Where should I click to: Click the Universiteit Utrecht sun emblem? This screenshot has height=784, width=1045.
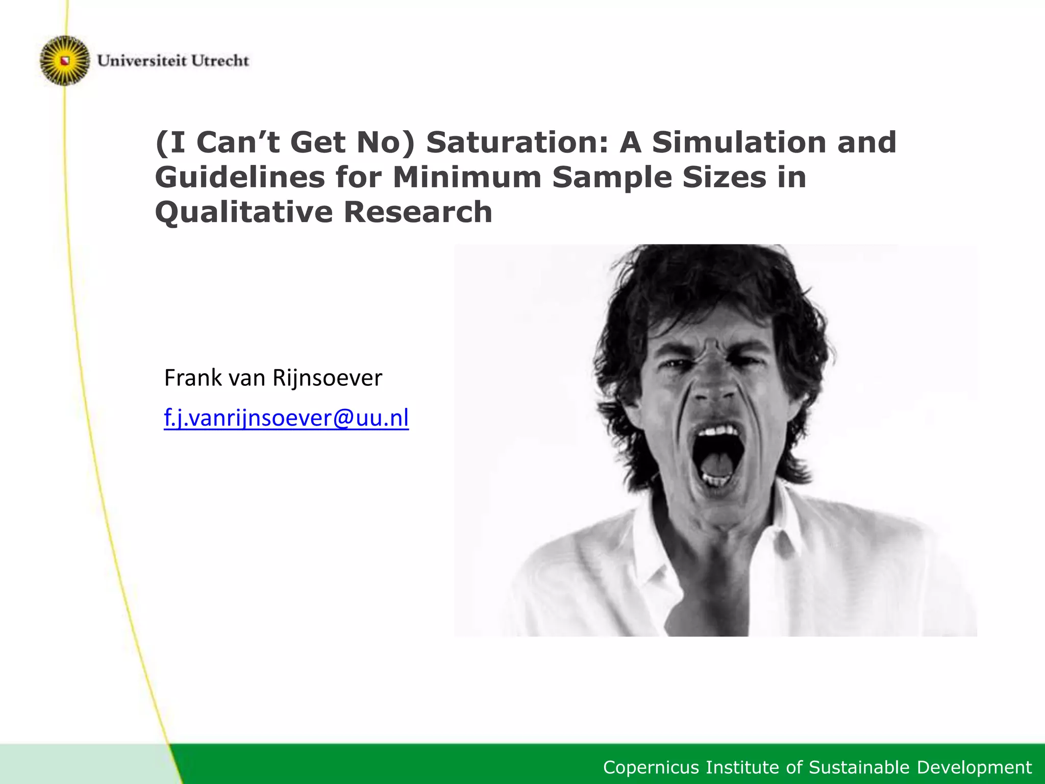[x=65, y=61]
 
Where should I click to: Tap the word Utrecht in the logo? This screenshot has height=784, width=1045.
[x=220, y=61]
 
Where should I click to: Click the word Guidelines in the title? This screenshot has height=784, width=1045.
[x=240, y=177]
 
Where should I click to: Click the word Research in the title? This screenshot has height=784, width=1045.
[x=418, y=212]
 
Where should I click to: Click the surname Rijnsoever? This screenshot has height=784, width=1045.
[x=327, y=378]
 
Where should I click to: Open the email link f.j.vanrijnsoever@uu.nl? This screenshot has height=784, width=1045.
[x=286, y=418]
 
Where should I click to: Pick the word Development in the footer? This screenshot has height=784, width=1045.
[x=975, y=767]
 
